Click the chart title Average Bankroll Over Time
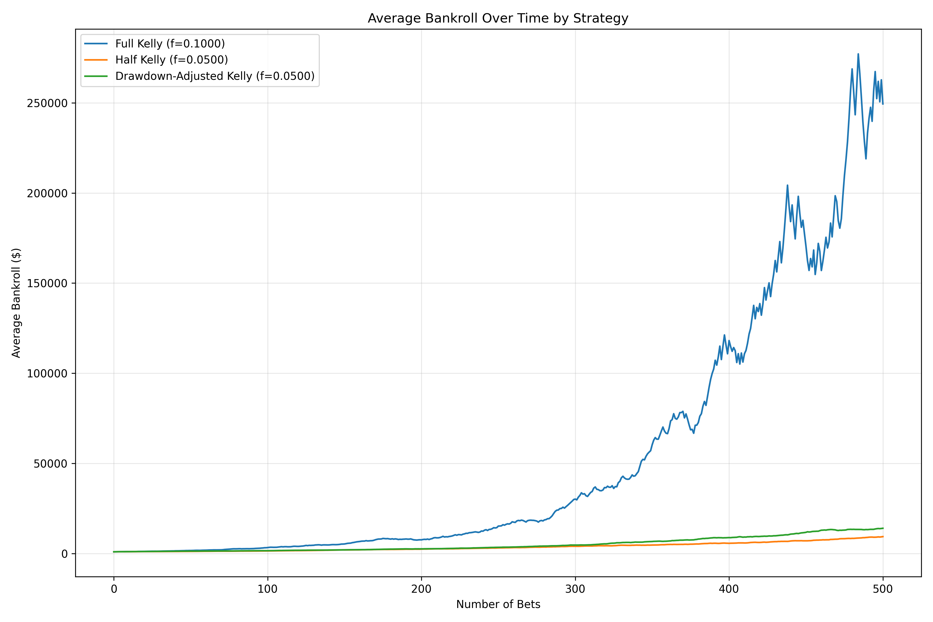[498, 18]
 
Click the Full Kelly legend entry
[170, 44]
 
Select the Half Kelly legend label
[171, 60]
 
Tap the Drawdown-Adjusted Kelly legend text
[215, 76]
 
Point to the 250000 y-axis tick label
[47, 103]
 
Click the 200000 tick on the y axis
[47, 194]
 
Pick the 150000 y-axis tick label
[47, 284]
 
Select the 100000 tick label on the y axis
[47, 374]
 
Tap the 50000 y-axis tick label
[50, 464]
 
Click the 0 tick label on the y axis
[64, 554]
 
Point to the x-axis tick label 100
[267, 589]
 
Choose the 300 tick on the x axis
[575, 589]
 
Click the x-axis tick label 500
[883, 589]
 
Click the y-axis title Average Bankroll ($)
[16, 303]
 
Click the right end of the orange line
[883, 537]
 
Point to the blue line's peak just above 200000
[787, 185]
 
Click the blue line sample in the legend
[96, 44]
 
